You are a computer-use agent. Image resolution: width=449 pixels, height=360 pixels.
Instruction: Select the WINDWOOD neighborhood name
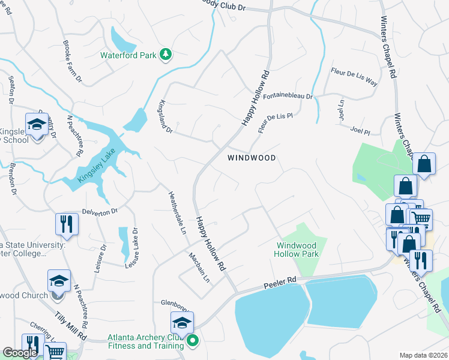252,158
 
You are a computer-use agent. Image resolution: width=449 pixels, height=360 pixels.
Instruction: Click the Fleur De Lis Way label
354,77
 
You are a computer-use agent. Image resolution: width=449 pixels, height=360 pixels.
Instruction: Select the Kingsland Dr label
164,116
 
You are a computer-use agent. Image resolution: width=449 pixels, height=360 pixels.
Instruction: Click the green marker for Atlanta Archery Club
193,343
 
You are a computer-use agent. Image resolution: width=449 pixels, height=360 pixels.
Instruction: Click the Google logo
20,353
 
